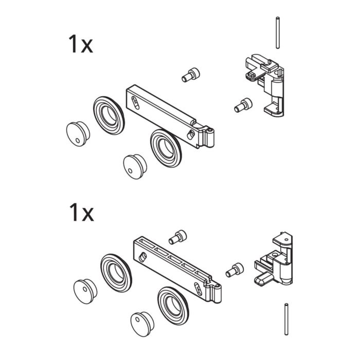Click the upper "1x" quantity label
[x=80, y=45]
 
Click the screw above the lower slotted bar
[x=177, y=237]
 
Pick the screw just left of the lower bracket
[x=235, y=269]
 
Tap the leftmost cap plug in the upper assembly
[x=78, y=134]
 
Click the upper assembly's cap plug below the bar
[x=135, y=165]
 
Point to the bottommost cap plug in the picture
[x=142, y=322]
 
